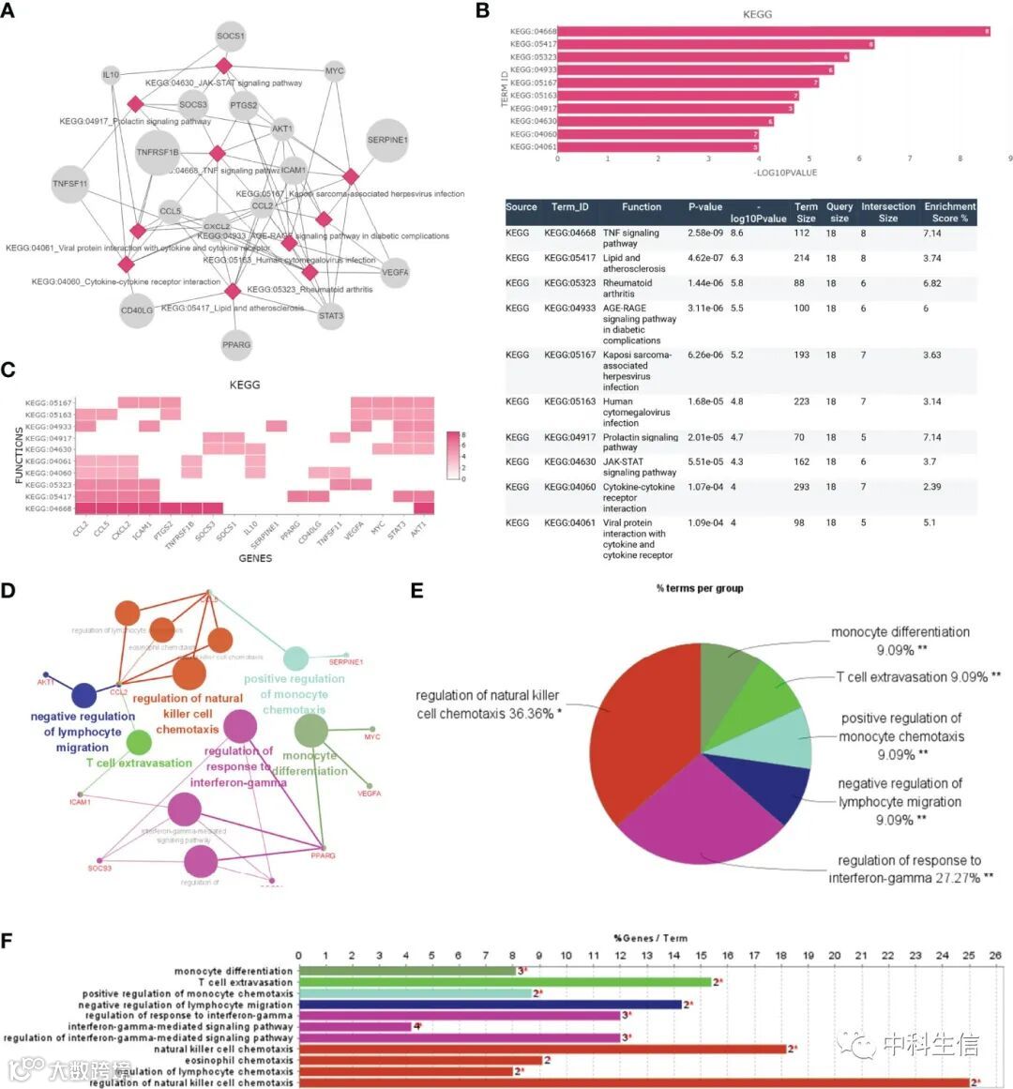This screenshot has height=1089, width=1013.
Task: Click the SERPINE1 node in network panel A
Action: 387,141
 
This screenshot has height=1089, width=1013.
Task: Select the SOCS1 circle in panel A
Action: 231,37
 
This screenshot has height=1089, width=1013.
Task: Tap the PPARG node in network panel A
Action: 236,344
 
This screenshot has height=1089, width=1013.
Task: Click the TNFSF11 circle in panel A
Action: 70,184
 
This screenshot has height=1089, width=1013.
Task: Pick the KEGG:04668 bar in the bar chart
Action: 774,31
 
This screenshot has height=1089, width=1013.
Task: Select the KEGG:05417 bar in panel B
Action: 716,44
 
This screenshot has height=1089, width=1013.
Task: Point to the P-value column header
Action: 705,207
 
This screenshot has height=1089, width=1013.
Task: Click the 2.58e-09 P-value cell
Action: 705,233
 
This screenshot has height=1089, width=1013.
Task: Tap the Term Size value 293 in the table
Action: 799,487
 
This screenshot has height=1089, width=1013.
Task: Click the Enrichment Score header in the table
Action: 949,212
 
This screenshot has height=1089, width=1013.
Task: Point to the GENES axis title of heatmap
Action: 255,558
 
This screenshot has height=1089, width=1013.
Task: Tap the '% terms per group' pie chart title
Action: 700,588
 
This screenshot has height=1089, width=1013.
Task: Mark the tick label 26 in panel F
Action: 995,956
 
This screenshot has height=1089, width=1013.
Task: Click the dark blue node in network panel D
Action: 84,695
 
